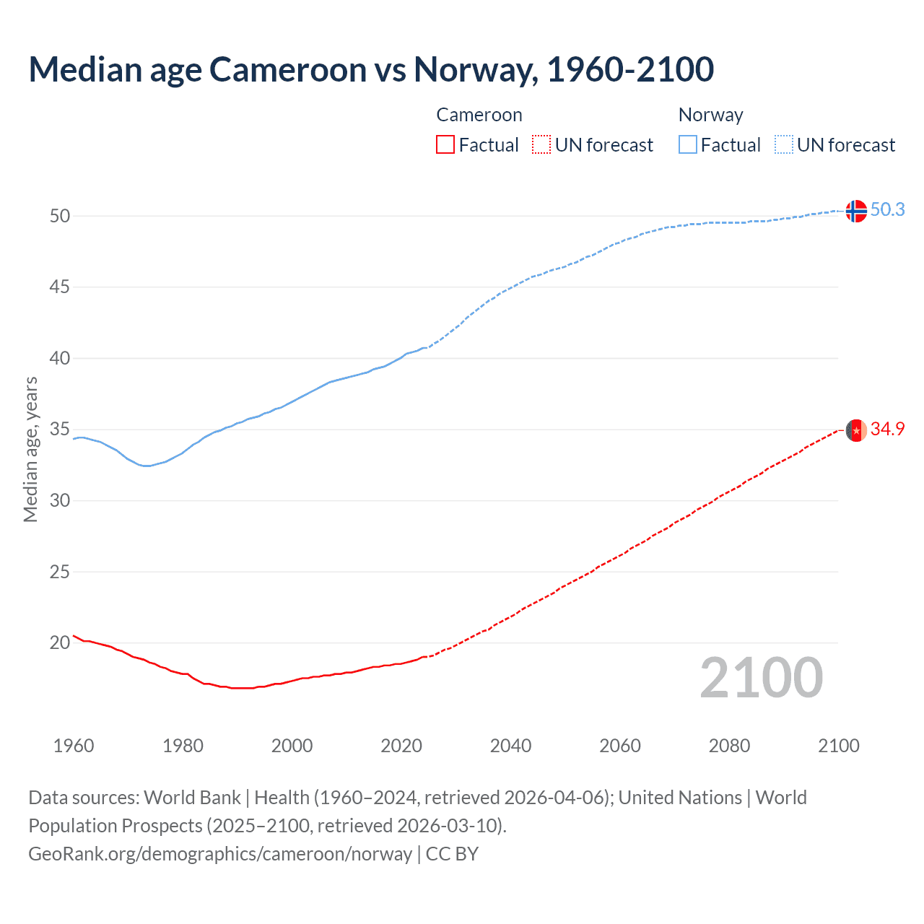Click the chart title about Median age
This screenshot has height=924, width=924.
tap(371, 69)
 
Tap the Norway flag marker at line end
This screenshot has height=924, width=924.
tap(855, 211)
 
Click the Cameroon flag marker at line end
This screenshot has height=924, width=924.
tap(855, 430)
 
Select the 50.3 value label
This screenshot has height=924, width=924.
tap(887, 209)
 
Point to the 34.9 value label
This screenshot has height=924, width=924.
tap(887, 429)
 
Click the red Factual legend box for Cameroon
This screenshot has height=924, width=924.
tap(445, 145)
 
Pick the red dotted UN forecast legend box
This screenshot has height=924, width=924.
tap(541, 145)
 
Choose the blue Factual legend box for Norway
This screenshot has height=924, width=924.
tap(688, 145)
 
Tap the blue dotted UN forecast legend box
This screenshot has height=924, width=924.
tap(784, 145)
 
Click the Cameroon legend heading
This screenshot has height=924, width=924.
tap(479, 115)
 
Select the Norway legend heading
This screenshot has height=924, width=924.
tap(710, 115)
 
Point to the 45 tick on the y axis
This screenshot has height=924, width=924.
tap(60, 287)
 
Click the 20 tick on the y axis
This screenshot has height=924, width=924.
tap(60, 642)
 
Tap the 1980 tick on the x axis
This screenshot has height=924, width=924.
tap(183, 746)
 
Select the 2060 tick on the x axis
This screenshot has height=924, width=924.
tap(620, 746)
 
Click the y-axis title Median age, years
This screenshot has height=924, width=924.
tap(30, 449)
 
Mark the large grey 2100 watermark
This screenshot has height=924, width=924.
tap(761, 678)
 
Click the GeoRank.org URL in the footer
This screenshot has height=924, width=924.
tap(220, 854)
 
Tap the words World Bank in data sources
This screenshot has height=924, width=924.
tap(192, 798)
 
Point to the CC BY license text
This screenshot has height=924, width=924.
tap(452, 854)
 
